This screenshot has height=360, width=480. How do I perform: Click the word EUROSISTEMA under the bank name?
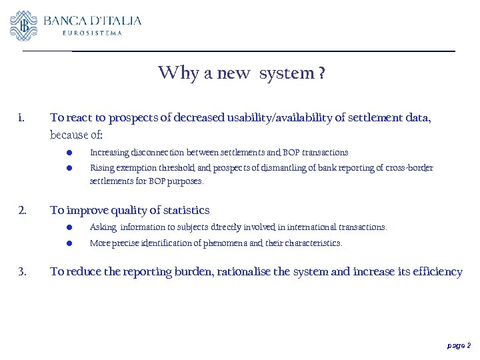[x=92, y=33]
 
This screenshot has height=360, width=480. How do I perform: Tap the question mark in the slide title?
[x=322, y=73]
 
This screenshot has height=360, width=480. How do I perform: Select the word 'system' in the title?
[x=287, y=73]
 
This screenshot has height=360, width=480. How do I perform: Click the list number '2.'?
[x=22, y=211]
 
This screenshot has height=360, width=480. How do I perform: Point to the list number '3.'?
[x=22, y=272]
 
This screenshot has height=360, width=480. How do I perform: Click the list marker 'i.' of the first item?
[x=22, y=119]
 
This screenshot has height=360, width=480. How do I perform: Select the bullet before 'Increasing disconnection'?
[x=69, y=153]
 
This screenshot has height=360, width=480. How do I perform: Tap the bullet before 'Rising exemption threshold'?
[x=69, y=168]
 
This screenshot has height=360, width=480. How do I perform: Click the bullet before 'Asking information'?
[x=69, y=227]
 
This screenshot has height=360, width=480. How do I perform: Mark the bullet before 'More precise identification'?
[x=69, y=243]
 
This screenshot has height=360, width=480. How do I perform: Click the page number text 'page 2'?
[x=459, y=345]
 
